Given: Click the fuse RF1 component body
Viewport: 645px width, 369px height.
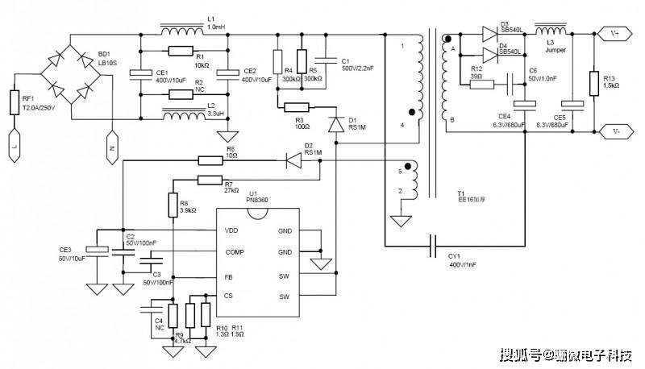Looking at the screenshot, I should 15,102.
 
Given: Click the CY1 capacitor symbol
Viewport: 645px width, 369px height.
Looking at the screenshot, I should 435,243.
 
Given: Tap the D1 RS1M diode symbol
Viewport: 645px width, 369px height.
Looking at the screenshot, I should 337,125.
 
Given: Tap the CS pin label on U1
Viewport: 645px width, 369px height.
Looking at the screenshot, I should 231,296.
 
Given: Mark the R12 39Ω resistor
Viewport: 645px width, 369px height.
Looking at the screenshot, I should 481,83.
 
